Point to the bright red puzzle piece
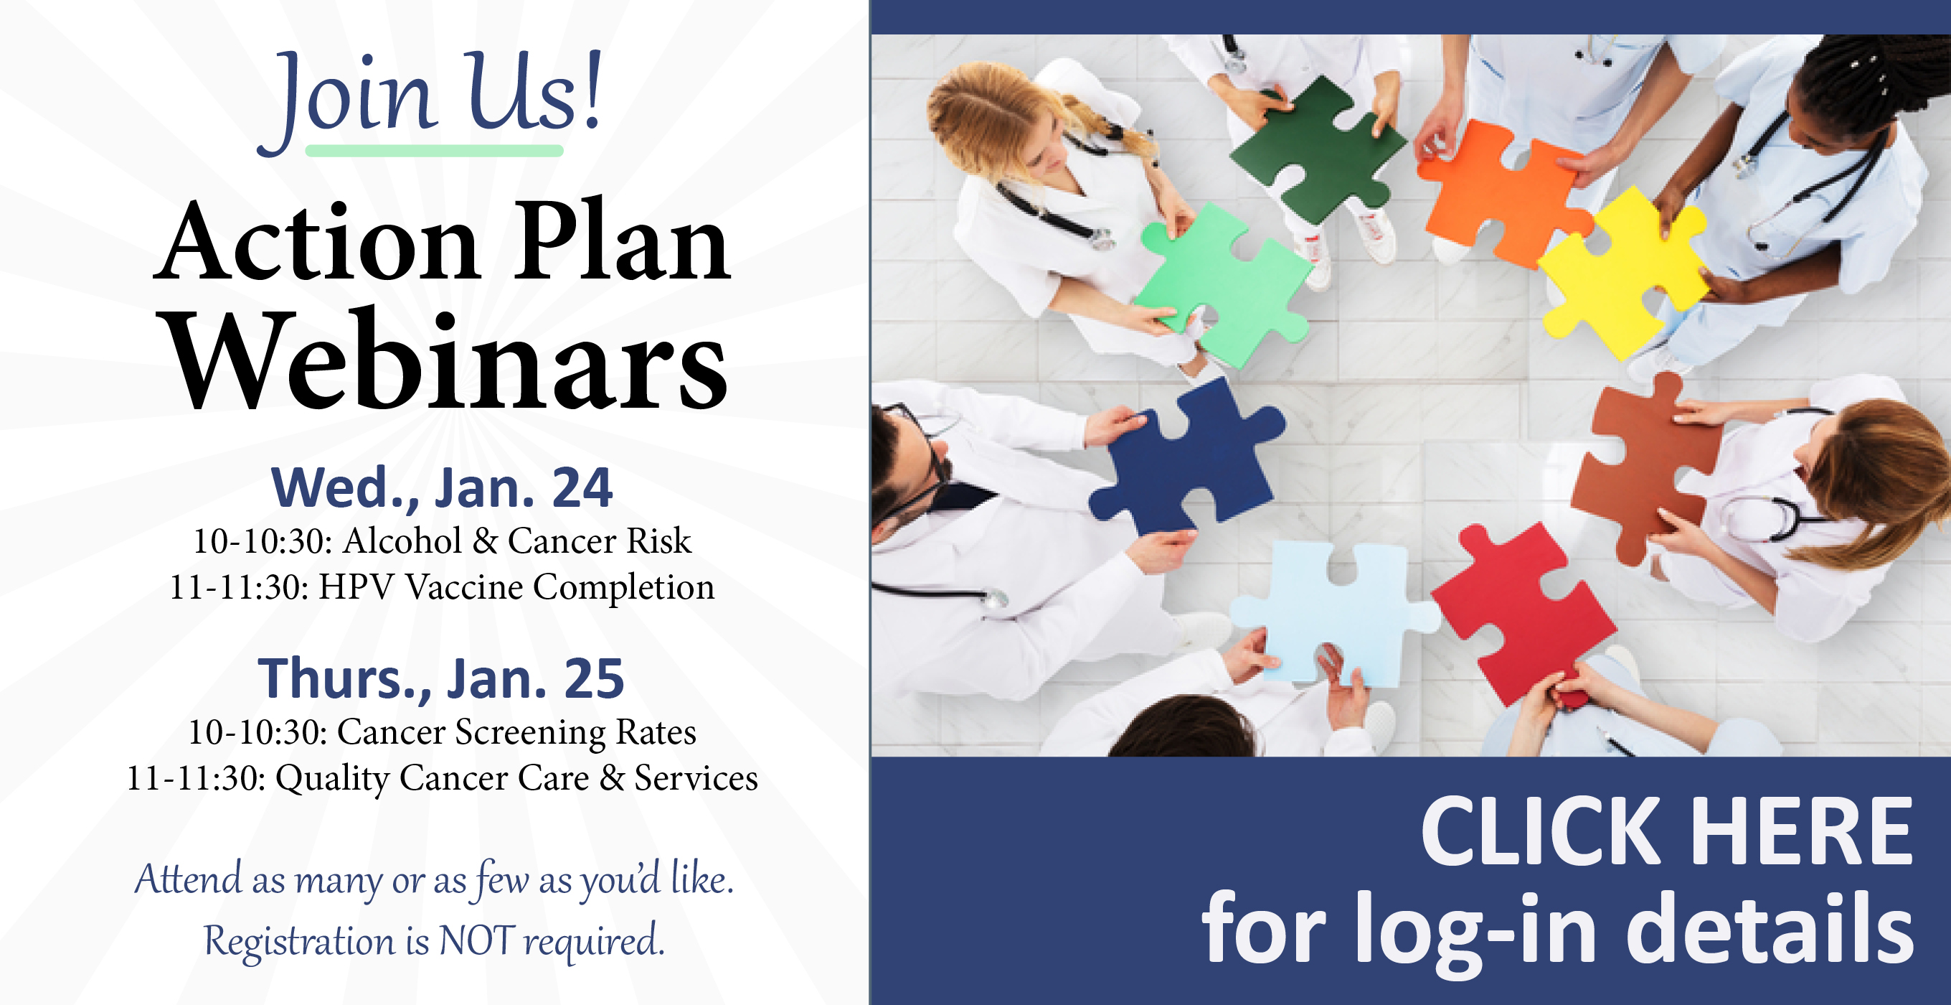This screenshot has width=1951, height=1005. (x=1522, y=614)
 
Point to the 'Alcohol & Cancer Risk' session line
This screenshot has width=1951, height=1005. (x=443, y=541)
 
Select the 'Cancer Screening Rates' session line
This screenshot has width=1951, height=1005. (x=443, y=732)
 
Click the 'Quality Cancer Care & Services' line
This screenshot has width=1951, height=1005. (x=443, y=778)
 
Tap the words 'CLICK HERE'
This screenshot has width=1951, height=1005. (x=1666, y=831)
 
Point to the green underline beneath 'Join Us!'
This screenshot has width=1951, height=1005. (x=434, y=151)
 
